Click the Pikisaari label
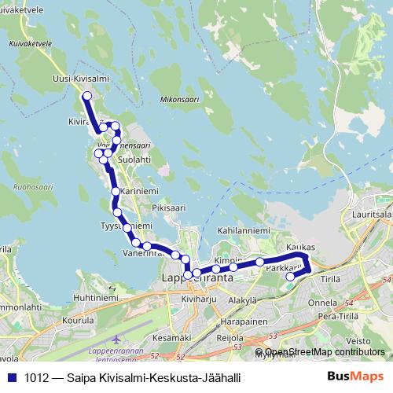tap(168, 208)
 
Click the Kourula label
tap(78, 321)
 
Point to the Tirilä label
tap(331, 279)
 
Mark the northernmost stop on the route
tap(86, 96)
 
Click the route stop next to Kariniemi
tap(116, 191)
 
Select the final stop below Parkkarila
tap(290, 276)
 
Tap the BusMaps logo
tap(355, 376)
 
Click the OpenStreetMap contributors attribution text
tap(324, 352)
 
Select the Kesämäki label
tap(171, 337)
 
